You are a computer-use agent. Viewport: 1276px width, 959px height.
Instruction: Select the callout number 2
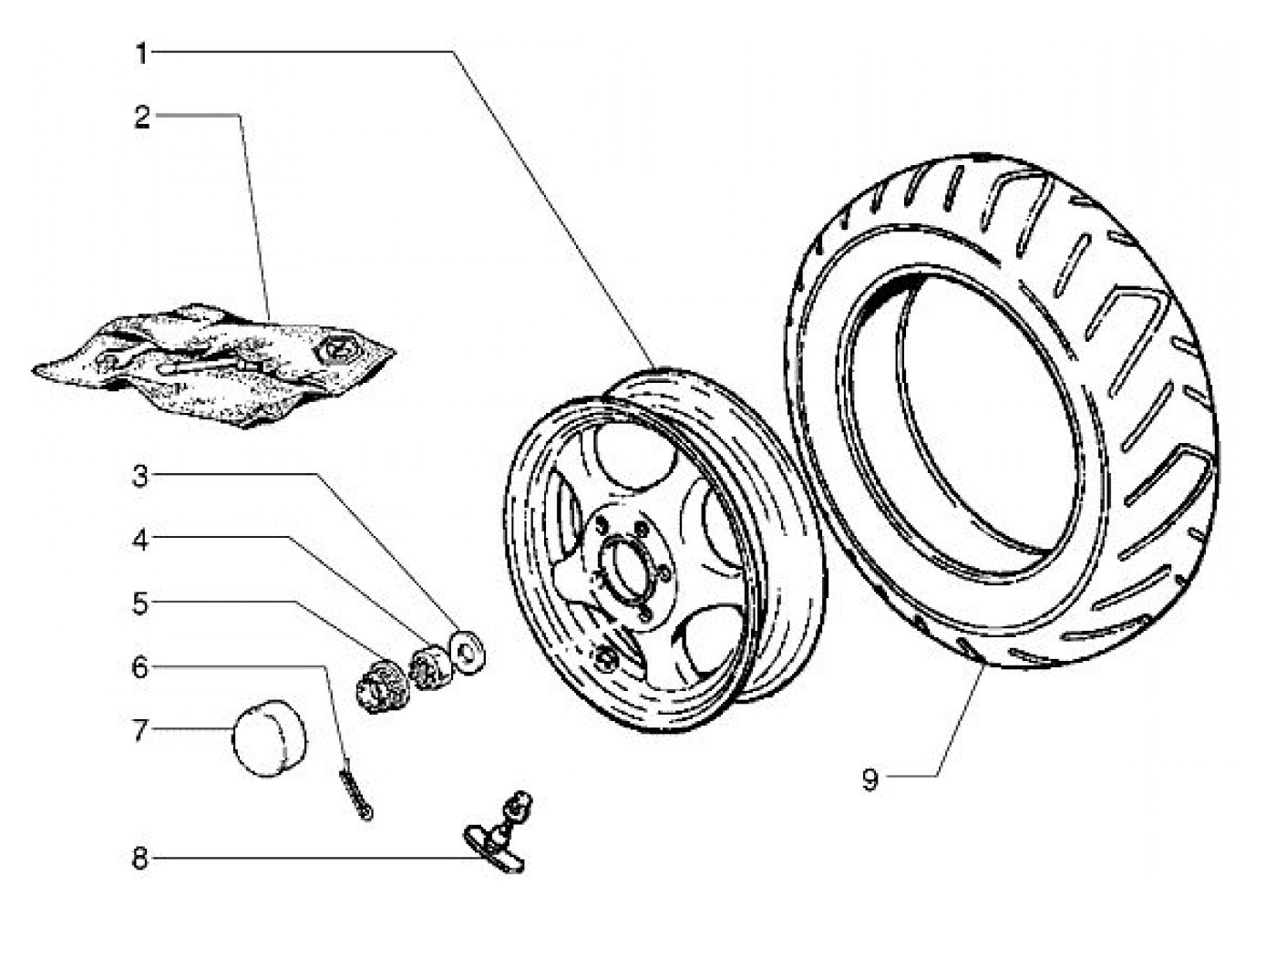click(142, 118)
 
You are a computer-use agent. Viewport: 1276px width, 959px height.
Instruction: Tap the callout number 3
click(140, 477)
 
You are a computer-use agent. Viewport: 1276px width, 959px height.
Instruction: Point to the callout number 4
click(140, 541)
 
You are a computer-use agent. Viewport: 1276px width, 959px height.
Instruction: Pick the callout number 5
click(140, 604)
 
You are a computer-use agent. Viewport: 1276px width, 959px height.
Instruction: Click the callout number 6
click(140, 668)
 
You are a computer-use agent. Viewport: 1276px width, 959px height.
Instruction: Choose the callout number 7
click(140, 730)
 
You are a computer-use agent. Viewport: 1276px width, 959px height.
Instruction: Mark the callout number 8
click(140, 859)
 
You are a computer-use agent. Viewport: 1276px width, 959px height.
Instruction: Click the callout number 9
click(870, 780)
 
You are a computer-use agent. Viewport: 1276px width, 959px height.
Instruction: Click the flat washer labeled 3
click(468, 653)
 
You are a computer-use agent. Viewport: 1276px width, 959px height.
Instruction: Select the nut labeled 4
click(431, 665)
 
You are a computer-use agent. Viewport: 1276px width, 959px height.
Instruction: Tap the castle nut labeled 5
click(382, 686)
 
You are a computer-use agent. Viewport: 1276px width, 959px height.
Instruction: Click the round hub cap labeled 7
click(269, 738)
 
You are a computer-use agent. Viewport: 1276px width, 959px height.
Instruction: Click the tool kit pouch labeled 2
click(214, 365)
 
